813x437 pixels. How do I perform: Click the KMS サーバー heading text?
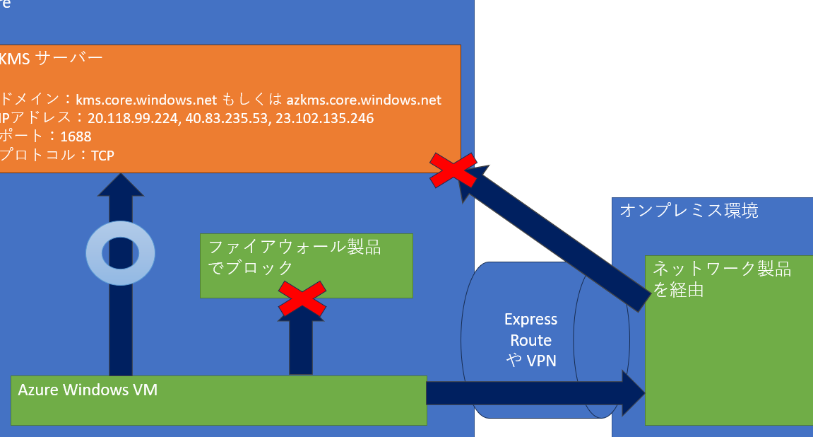(x=51, y=58)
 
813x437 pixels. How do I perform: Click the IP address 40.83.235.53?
(x=222, y=118)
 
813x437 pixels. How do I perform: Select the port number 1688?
(x=76, y=136)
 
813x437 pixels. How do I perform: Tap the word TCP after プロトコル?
(x=102, y=155)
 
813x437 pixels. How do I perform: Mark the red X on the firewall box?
(x=302, y=298)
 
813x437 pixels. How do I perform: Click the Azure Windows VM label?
(x=88, y=390)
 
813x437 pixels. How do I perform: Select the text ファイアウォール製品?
(x=295, y=247)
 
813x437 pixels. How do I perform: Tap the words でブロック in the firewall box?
(x=251, y=267)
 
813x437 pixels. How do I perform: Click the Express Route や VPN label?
(x=531, y=340)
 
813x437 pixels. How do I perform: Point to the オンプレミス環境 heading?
(x=689, y=210)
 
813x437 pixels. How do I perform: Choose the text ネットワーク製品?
(x=721, y=269)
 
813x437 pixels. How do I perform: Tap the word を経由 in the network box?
(x=678, y=289)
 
